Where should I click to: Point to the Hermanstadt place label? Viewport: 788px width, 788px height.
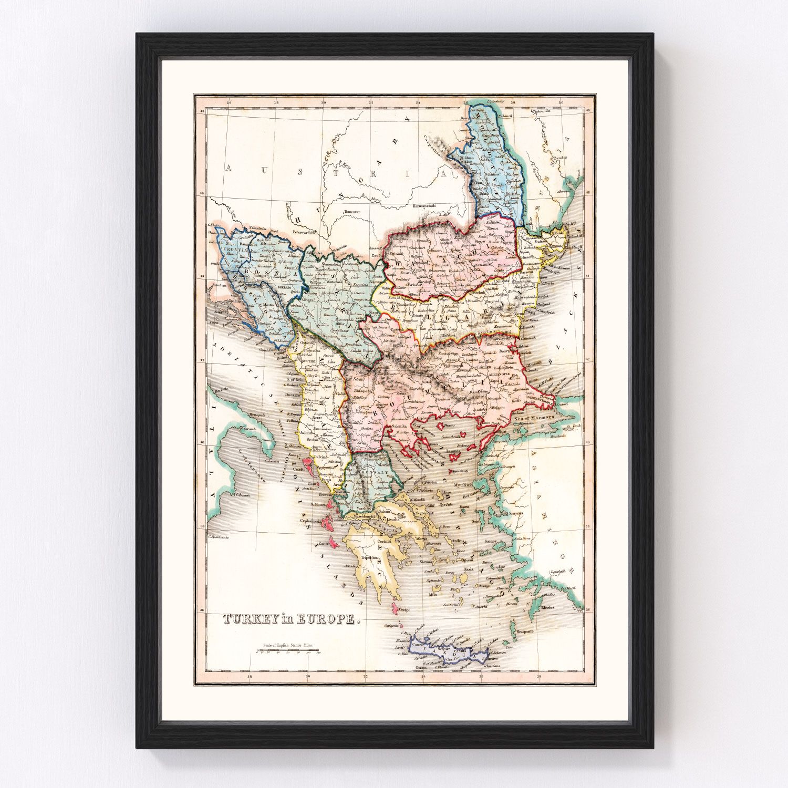[426, 205]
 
